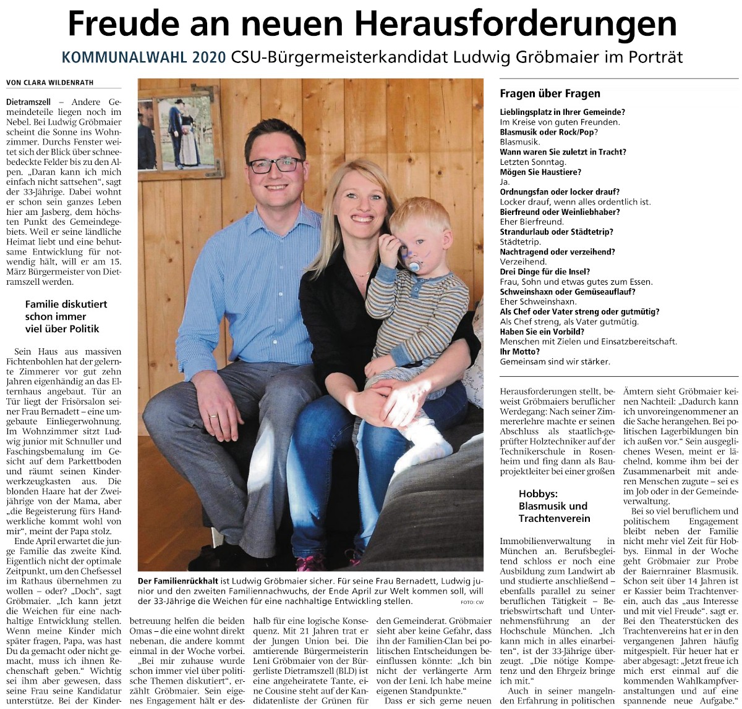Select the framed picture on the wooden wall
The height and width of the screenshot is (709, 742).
pyautogui.click(x=181, y=136)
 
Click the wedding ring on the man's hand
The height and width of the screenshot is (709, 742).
pyautogui.click(x=213, y=416)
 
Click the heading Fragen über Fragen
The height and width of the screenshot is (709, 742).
pyautogui.click(x=550, y=94)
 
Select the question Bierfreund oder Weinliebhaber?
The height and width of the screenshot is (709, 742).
pyautogui.click(x=551, y=212)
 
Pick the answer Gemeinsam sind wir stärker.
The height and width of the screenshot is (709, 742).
pyautogui.click(x=555, y=361)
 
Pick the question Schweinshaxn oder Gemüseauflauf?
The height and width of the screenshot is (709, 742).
pyautogui.click(x=567, y=292)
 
